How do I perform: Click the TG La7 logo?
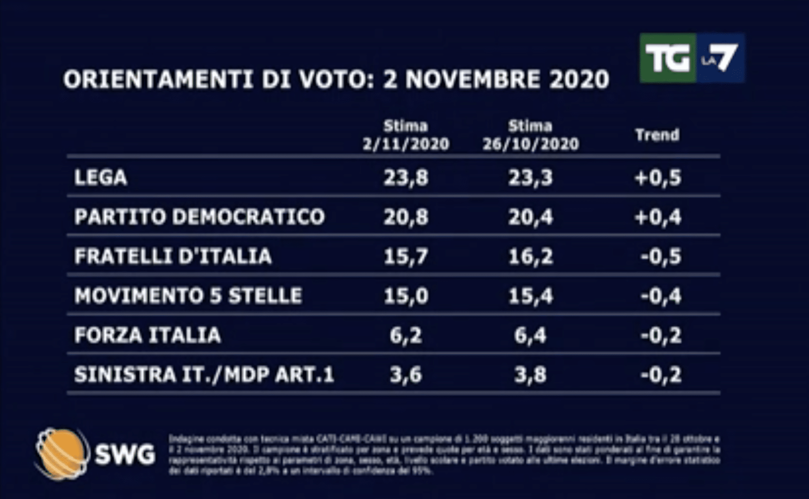click(x=692, y=58)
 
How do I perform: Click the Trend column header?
click(x=657, y=135)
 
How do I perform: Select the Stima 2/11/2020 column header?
click(x=406, y=135)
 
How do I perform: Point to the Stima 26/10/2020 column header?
click(x=530, y=135)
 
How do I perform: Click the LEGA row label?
click(x=101, y=177)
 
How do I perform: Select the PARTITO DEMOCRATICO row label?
click(x=199, y=217)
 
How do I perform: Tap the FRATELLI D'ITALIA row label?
click(x=173, y=256)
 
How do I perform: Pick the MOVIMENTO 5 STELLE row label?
click(x=188, y=296)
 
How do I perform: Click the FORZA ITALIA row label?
click(x=147, y=335)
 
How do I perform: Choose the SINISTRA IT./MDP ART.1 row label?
click(x=204, y=375)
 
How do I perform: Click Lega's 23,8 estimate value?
click(x=406, y=177)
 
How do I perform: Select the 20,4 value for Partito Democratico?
click(x=530, y=217)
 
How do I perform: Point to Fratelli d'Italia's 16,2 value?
click(x=530, y=256)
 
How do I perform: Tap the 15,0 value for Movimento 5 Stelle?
click(x=406, y=296)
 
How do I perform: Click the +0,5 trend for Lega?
click(x=658, y=177)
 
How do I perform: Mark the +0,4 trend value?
click(x=658, y=217)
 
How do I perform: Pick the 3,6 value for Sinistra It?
click(x=406, y=375)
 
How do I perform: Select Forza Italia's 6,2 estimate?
click(x=406, y=335)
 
